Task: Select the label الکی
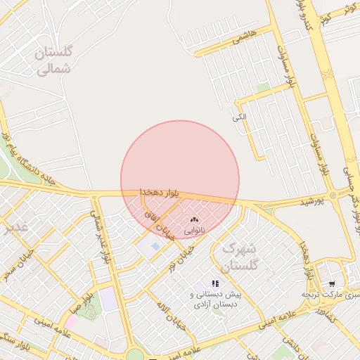point(240,117)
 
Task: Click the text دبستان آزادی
point(215,305)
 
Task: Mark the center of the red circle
point(180,180)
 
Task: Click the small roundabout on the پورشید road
point(332,195)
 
